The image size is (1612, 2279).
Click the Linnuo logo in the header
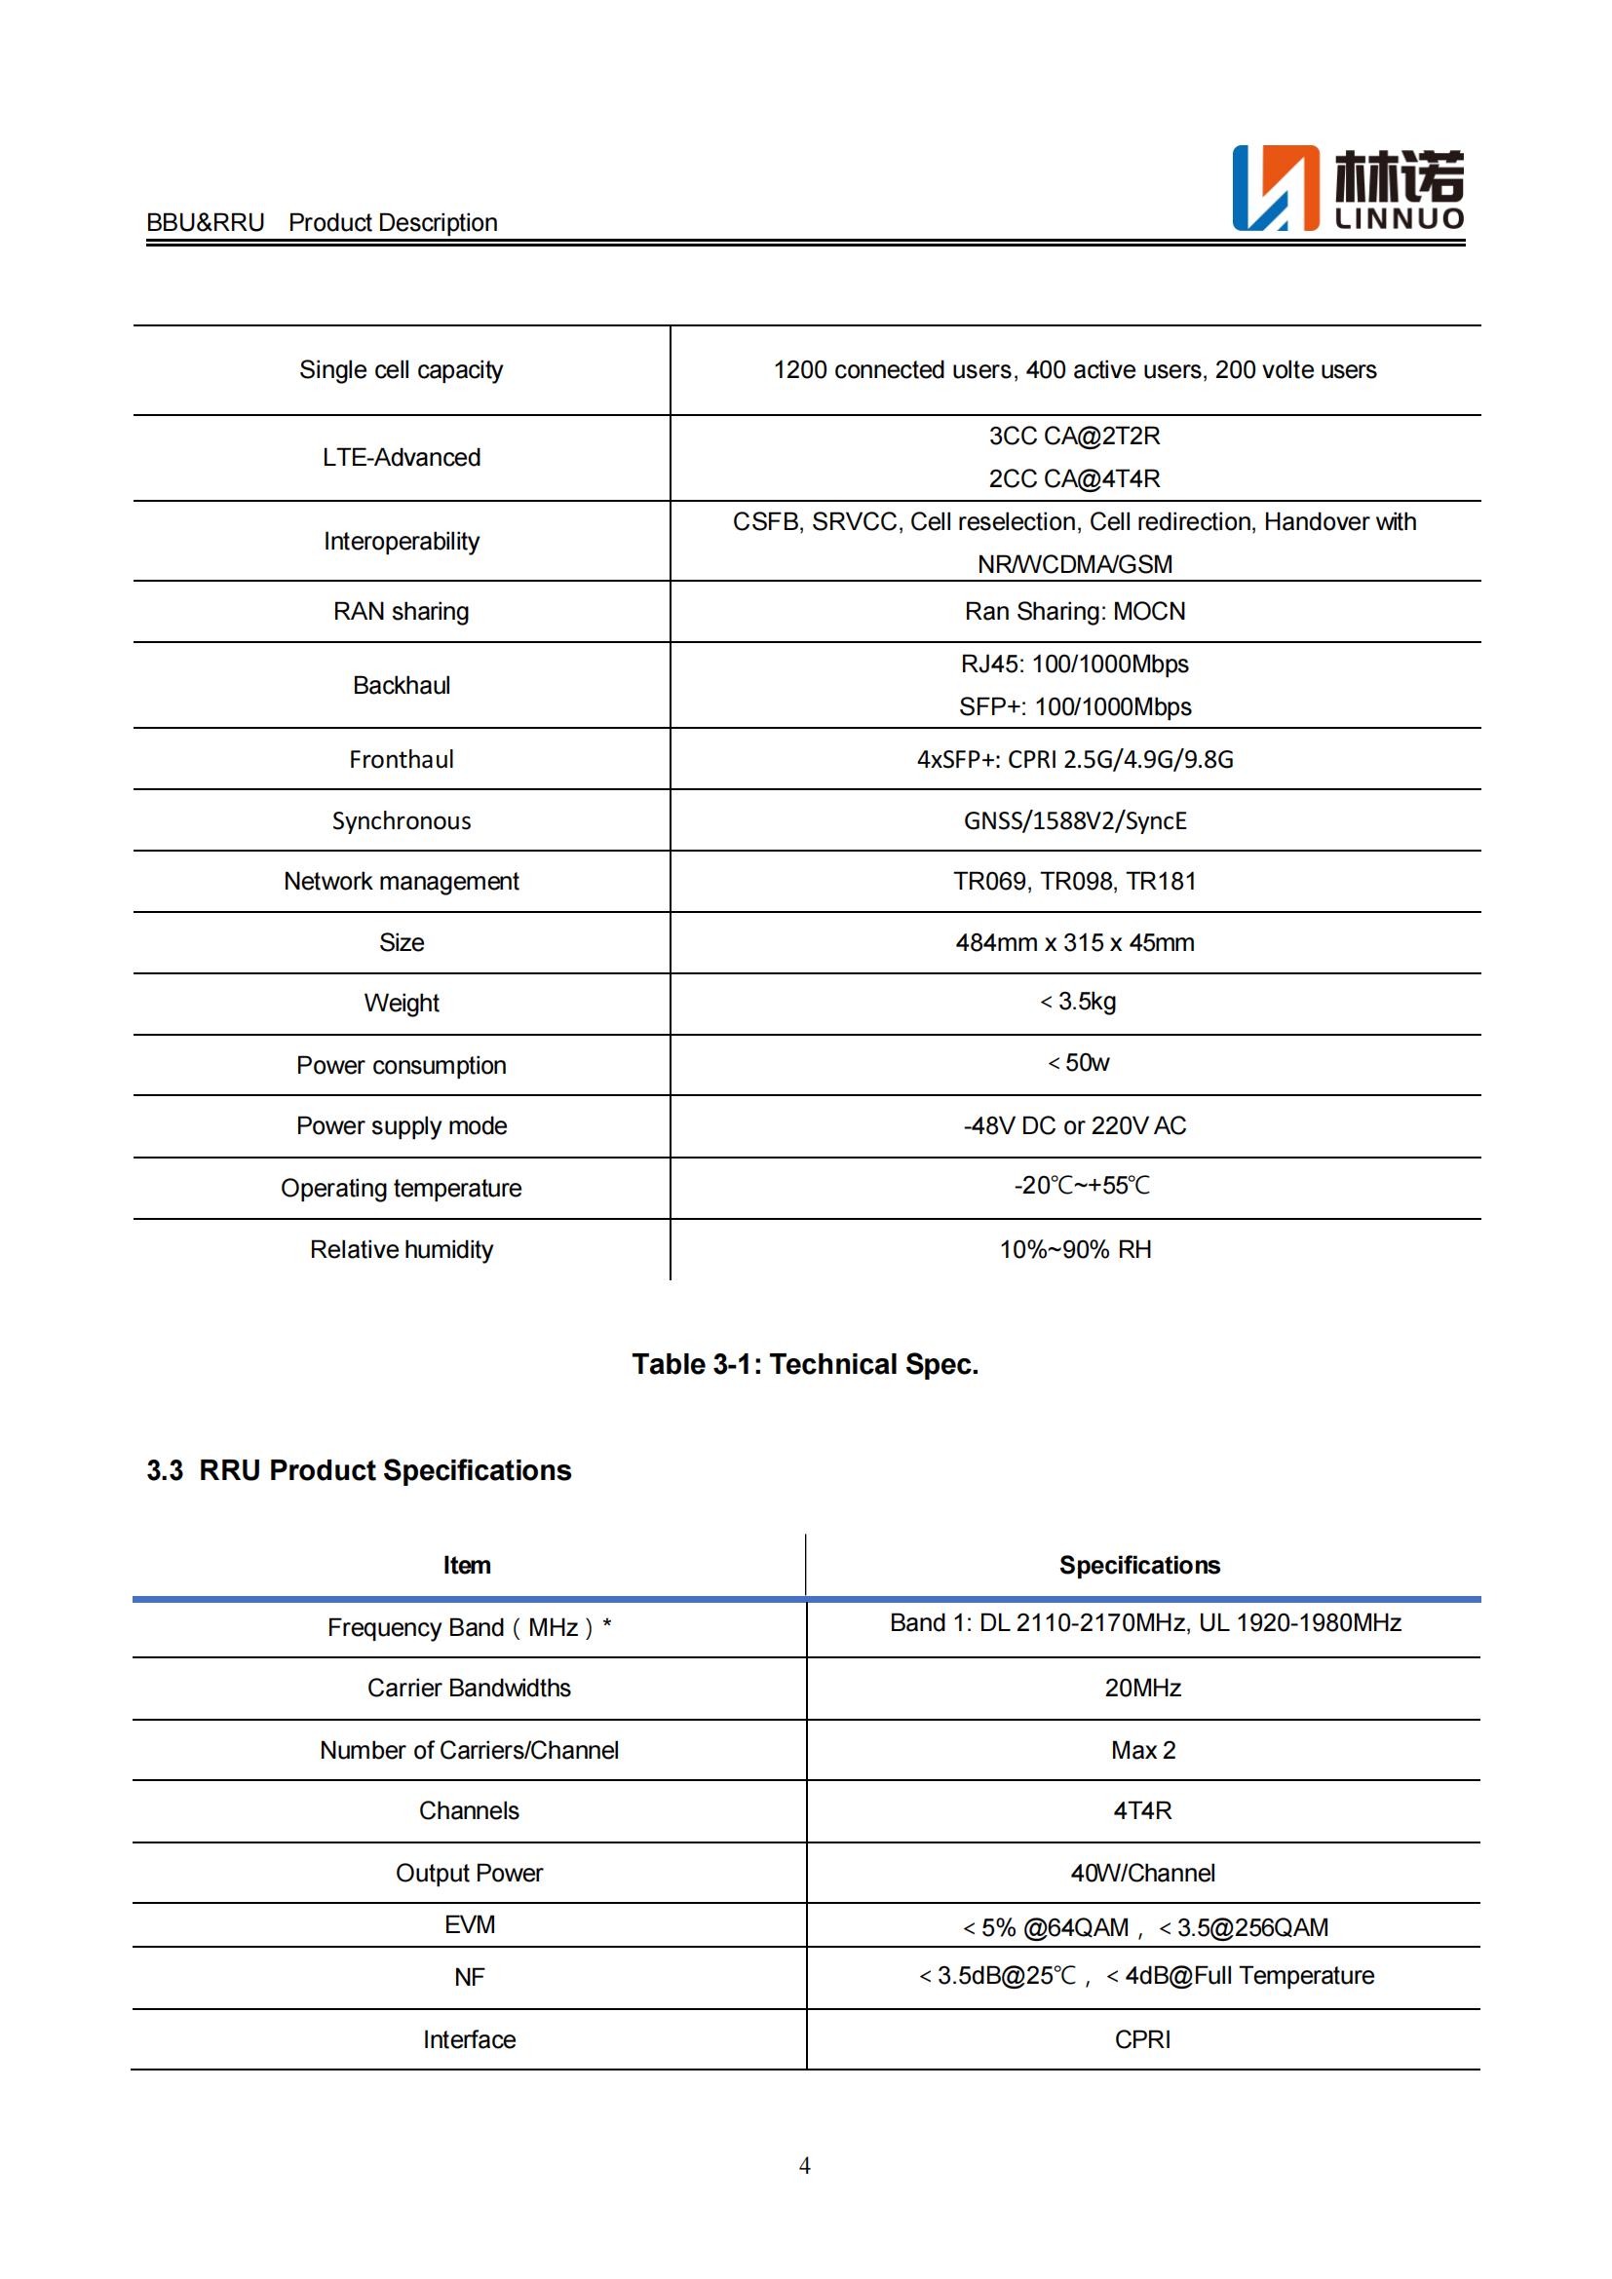click(1347, 189)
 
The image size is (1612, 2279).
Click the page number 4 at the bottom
click(804, 2165)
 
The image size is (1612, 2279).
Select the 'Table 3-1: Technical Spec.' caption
click(805, 1364)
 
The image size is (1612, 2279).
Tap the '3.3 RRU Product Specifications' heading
click(359, 1470)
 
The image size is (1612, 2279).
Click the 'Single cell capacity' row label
click(401, 370)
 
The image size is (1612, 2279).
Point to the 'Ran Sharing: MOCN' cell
click(1074, 612)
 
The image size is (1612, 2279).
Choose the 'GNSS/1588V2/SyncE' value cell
click(1074, 820)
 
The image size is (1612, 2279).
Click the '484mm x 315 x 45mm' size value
click(1074, 942)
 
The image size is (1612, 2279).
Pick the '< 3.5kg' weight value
click(1077, 1002)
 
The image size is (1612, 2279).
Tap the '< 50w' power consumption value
click(1078, 1063)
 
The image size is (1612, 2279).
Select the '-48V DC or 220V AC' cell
click(1074, 1125)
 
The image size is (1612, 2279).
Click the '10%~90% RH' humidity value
click(1074, 1249)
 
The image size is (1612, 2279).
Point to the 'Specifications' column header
click(1138, 1566)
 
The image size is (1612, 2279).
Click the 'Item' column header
click(467, 1566)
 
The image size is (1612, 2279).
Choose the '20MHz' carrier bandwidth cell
click(1142, 1688)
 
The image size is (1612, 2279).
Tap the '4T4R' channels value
click(1142, 1810)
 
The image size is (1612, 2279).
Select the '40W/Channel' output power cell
click(1142, 1873)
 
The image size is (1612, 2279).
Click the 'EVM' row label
click(469, 1924)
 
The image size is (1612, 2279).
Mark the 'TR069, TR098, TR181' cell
click(1074, 882)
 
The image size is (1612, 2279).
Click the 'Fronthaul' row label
click(401, 759)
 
